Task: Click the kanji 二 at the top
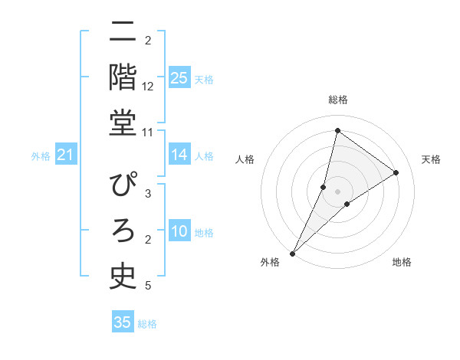123,33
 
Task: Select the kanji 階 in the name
123,77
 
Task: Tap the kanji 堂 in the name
123,123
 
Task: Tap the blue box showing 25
179,77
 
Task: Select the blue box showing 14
179,155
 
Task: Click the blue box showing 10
179,231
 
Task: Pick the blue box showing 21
66,155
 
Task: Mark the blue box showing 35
123,322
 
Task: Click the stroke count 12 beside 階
149,87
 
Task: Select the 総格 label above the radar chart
338,100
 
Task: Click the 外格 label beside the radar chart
271,262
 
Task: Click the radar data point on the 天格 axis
396,172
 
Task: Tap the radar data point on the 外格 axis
292,254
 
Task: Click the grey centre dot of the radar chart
337,191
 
